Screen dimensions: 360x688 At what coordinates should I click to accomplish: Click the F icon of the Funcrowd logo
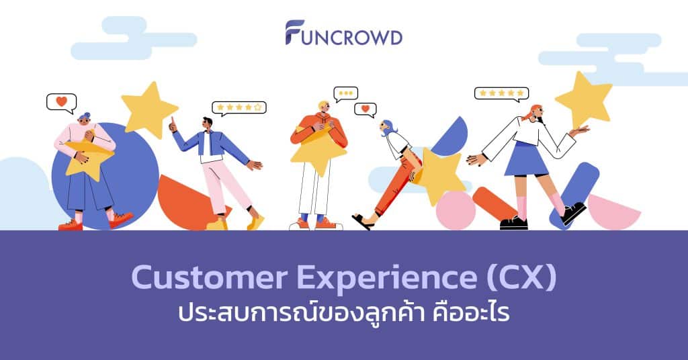[x=294, y=32]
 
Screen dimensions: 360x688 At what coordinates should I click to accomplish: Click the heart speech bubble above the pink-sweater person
[x=61, y=102]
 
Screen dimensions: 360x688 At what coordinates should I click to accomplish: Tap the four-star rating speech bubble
[x=239, y=107]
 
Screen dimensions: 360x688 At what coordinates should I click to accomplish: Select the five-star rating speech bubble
[x=501, y=93]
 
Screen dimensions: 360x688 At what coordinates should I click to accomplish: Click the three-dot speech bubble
[x=345, y=93]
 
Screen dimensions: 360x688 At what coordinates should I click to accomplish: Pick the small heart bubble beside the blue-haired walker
[x=365, y=109]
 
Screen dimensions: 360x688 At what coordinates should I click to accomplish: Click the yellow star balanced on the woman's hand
[x=582, y=99]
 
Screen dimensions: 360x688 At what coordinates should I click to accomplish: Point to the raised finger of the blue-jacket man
[x=172, y=122]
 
